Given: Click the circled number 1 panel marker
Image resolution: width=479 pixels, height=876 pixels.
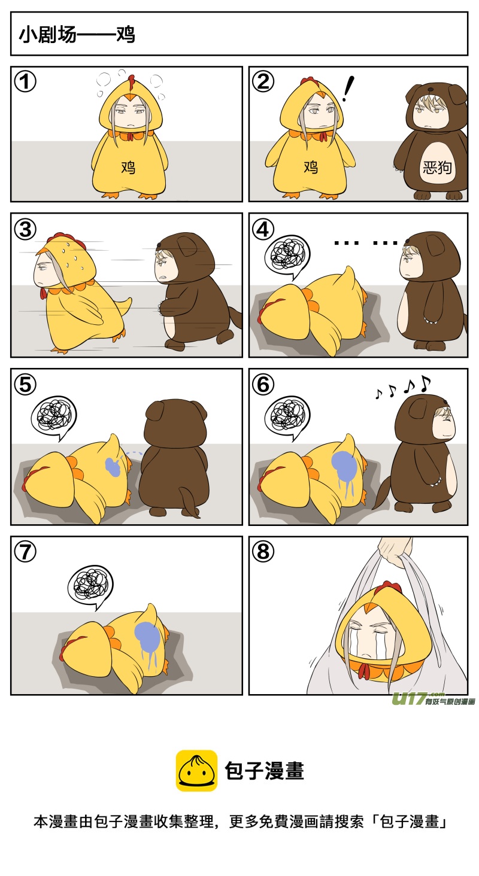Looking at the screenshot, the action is [x=25, y=82].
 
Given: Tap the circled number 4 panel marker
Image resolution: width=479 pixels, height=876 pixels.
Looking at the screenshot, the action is [x=263, y=229].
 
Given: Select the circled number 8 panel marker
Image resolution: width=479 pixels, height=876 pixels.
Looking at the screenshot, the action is [x=263, y=552].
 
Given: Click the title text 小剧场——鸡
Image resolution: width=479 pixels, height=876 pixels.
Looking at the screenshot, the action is [x=77, y=35].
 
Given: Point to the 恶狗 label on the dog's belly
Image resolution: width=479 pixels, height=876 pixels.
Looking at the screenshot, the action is [x=437, y=168].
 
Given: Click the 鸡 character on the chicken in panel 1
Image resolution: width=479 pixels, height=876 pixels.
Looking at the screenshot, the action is [x=128, y=168].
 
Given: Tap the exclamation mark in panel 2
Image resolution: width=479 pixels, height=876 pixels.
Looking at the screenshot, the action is [x=347, y=89].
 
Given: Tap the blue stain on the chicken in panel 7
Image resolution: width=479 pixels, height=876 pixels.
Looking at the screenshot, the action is [x=147, y=637].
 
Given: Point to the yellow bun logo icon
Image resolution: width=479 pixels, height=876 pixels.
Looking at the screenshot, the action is [x=196, y=771].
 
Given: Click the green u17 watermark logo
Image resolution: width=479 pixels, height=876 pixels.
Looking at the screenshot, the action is [x=433, y=698].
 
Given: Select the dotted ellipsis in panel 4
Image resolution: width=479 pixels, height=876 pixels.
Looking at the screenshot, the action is [x=366, y=243].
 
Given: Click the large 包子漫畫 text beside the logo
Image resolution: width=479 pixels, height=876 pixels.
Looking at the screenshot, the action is [x=265, y=771].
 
